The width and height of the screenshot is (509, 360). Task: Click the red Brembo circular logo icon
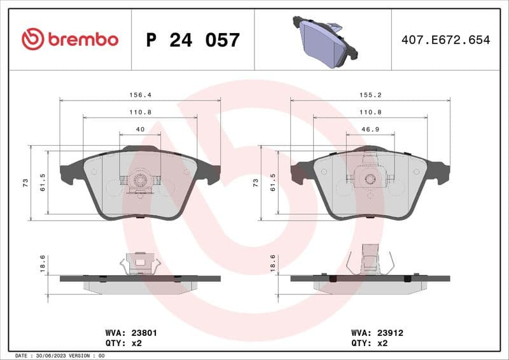click(x=32, y=39)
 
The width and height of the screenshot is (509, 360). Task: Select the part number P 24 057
click(x=193, y=40)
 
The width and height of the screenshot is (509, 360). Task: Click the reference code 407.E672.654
click(x=445, y=40)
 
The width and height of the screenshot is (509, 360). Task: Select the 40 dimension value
click(x=140, y=129)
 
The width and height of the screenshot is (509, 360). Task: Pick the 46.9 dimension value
click(x=370, y=129)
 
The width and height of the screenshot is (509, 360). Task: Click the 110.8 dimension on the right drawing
click(x=370, y=111)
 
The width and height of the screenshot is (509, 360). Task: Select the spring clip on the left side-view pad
click(x=140, y=263)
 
